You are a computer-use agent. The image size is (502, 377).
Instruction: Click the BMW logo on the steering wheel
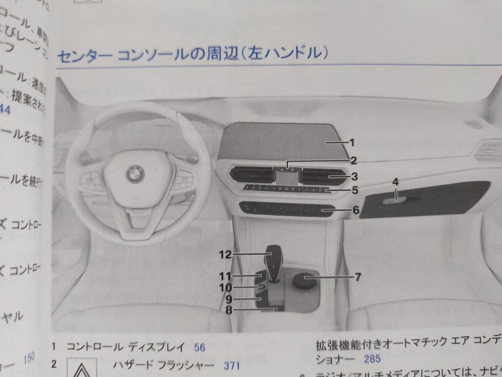[x=135, y=173]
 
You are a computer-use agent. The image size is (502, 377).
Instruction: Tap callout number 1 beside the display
[x=352, y=143]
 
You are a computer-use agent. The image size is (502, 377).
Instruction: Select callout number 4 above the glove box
[x=395, y=182]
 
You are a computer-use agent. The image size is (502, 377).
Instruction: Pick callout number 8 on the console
[x=229, y=310]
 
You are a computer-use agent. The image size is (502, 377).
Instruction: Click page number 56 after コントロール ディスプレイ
[x=200, y=347]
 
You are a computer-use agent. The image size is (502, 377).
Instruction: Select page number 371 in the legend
[x=231, y=365]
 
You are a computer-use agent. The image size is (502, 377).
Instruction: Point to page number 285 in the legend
[x=372, y=359]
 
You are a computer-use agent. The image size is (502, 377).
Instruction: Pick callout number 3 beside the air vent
[x=354, y=176]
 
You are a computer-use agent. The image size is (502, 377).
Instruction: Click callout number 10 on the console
[x=226, y=288]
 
